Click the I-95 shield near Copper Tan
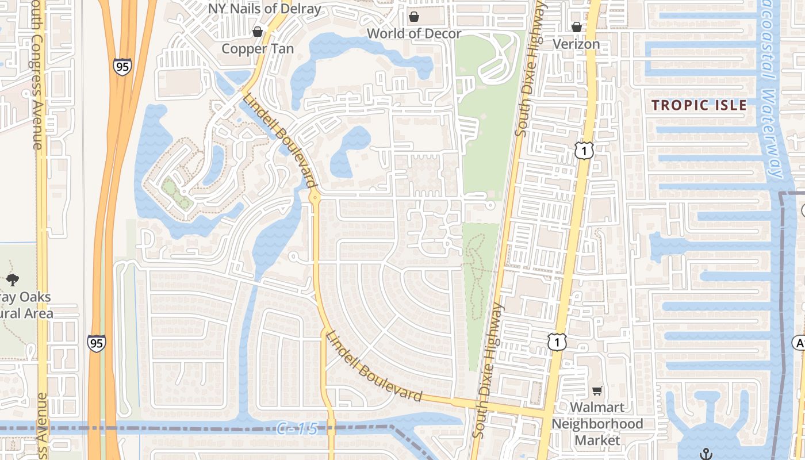click(122, 67)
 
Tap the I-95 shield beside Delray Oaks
click(97, 343)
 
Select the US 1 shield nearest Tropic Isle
click(584, 151)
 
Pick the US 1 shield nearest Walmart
click(557, 342)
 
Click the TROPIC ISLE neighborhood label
click(699, 105)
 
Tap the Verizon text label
click(576, 44)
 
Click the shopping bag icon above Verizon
click(576, 27)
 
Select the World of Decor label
click(414, 33)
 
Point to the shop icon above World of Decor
click(413, 17)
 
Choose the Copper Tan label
click(258, 48)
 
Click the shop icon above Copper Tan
click(258, 31)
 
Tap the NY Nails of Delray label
click(264, 9)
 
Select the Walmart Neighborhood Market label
click(597, 424)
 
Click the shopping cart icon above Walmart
click(597, 391)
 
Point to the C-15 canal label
click(297, 428)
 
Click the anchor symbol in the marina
click(706, 454)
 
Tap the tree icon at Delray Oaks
click(13, 280)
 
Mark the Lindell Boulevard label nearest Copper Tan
click(280, 142)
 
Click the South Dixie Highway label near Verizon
click(529, 69)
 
